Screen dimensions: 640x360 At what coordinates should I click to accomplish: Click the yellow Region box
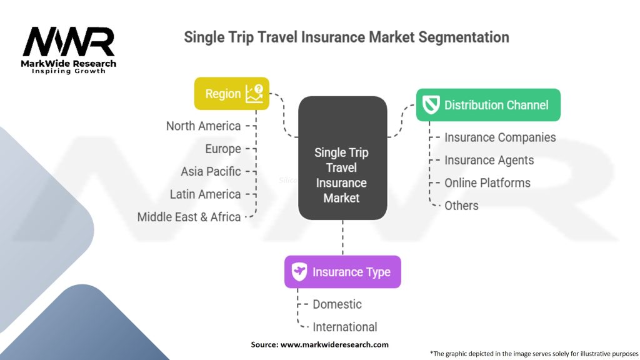(231, 94)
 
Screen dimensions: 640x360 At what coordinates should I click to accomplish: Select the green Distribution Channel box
(488, 105)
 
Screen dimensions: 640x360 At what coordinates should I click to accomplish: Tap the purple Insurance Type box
(342, 272)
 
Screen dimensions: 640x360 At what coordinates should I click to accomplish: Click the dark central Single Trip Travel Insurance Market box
(342, 158)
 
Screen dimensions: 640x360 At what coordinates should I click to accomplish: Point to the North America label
(203, 126)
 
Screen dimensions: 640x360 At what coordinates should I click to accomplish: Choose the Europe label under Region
(223, 149)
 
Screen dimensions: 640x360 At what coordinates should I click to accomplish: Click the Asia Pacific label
(211, 171)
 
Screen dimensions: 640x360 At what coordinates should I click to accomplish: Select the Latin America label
(205, 194)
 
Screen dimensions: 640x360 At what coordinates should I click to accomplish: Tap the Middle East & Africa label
(189, 217)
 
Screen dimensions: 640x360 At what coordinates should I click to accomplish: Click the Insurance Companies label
(500, 137)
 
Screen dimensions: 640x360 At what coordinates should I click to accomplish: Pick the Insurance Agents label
(489, 161)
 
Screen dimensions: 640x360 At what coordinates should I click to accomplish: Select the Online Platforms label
(487, 183)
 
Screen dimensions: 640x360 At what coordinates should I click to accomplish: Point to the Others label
(461, 206)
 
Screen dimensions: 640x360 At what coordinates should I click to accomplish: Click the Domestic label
(337, 304)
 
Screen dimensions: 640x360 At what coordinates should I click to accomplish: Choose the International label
(345, 327)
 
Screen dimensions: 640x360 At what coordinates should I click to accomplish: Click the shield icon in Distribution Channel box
(431, 105)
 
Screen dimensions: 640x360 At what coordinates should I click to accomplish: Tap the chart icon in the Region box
(254, 94)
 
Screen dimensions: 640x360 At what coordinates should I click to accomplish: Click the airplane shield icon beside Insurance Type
(299, 272)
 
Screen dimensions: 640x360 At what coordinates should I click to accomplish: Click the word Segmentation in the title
(464, 37)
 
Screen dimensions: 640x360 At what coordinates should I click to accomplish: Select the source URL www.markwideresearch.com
(334, 344)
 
